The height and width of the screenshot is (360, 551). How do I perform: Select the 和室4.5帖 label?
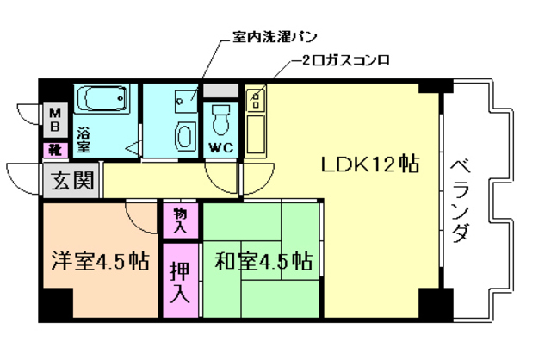tap(263, 261)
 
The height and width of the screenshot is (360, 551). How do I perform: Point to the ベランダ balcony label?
tap(460, 199)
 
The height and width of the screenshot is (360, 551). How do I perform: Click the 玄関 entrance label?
tap(71, 183)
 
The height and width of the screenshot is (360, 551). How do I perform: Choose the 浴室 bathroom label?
tap(84, 140)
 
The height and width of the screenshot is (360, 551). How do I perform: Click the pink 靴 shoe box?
tap(54, 150)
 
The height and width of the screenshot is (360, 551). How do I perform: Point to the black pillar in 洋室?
tap(57, 303)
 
